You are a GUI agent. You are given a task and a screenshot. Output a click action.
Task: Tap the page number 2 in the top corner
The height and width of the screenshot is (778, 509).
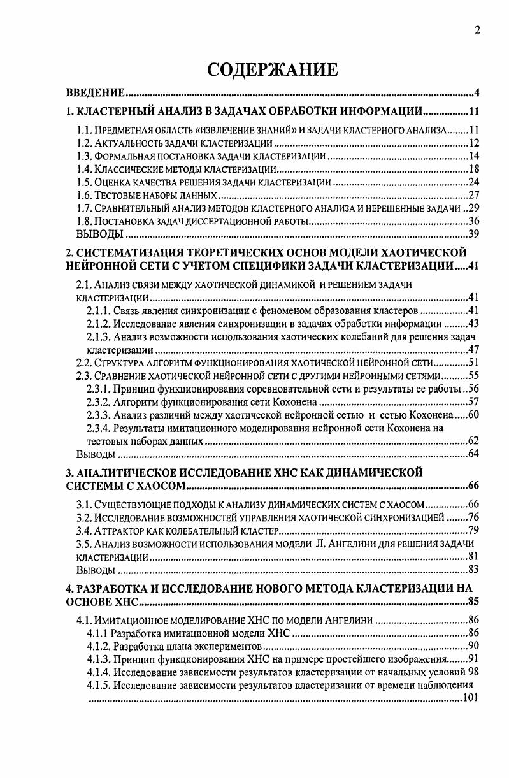point(476,30)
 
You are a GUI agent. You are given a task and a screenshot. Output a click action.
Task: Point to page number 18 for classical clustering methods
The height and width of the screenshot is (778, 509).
point(473,169)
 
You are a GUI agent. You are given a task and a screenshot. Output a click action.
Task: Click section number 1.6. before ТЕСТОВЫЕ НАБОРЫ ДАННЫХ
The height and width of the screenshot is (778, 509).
point(84,195)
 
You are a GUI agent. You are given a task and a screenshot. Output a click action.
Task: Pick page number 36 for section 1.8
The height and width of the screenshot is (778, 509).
point(473,221)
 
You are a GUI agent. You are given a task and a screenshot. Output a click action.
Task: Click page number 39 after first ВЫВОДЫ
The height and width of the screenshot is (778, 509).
point(473,234)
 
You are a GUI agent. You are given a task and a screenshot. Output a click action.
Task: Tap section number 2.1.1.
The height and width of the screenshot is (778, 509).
point(97,310)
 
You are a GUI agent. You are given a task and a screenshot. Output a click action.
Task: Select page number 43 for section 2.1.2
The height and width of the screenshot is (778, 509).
point(473,323)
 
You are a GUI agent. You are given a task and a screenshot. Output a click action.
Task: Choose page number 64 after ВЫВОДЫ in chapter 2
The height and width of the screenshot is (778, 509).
point(473,454)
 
